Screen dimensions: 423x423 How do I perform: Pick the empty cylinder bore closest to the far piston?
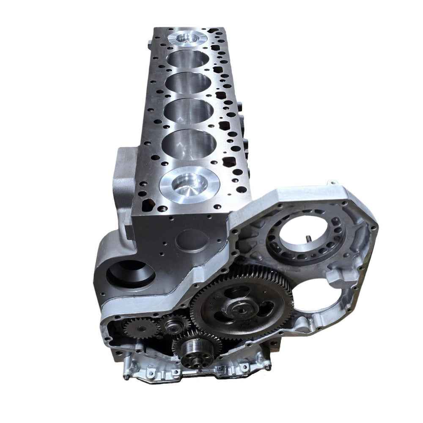(x=188, y=59)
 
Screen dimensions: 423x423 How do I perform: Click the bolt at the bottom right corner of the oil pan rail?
(x=268, y=367)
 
